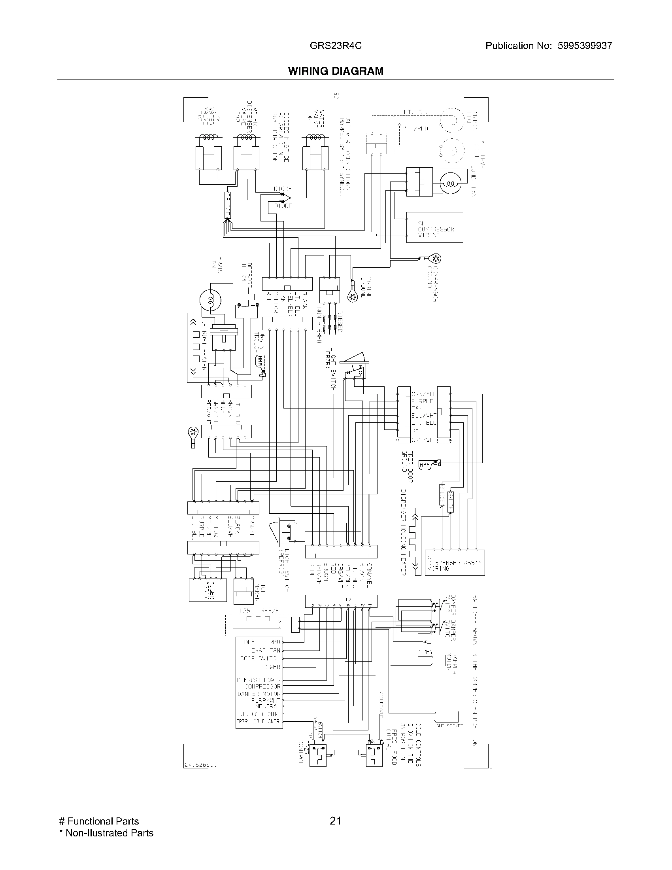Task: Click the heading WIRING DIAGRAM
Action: tap(336, 71)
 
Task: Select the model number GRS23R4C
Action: tap(336, 46)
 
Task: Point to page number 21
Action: tap(335, 821)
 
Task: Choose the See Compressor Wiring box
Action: tap(434, 227)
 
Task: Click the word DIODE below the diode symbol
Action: tap(283, 206)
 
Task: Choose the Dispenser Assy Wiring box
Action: tap(455, 562)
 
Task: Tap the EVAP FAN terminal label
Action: tap(266, 651)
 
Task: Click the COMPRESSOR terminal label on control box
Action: tap(262, 687)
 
